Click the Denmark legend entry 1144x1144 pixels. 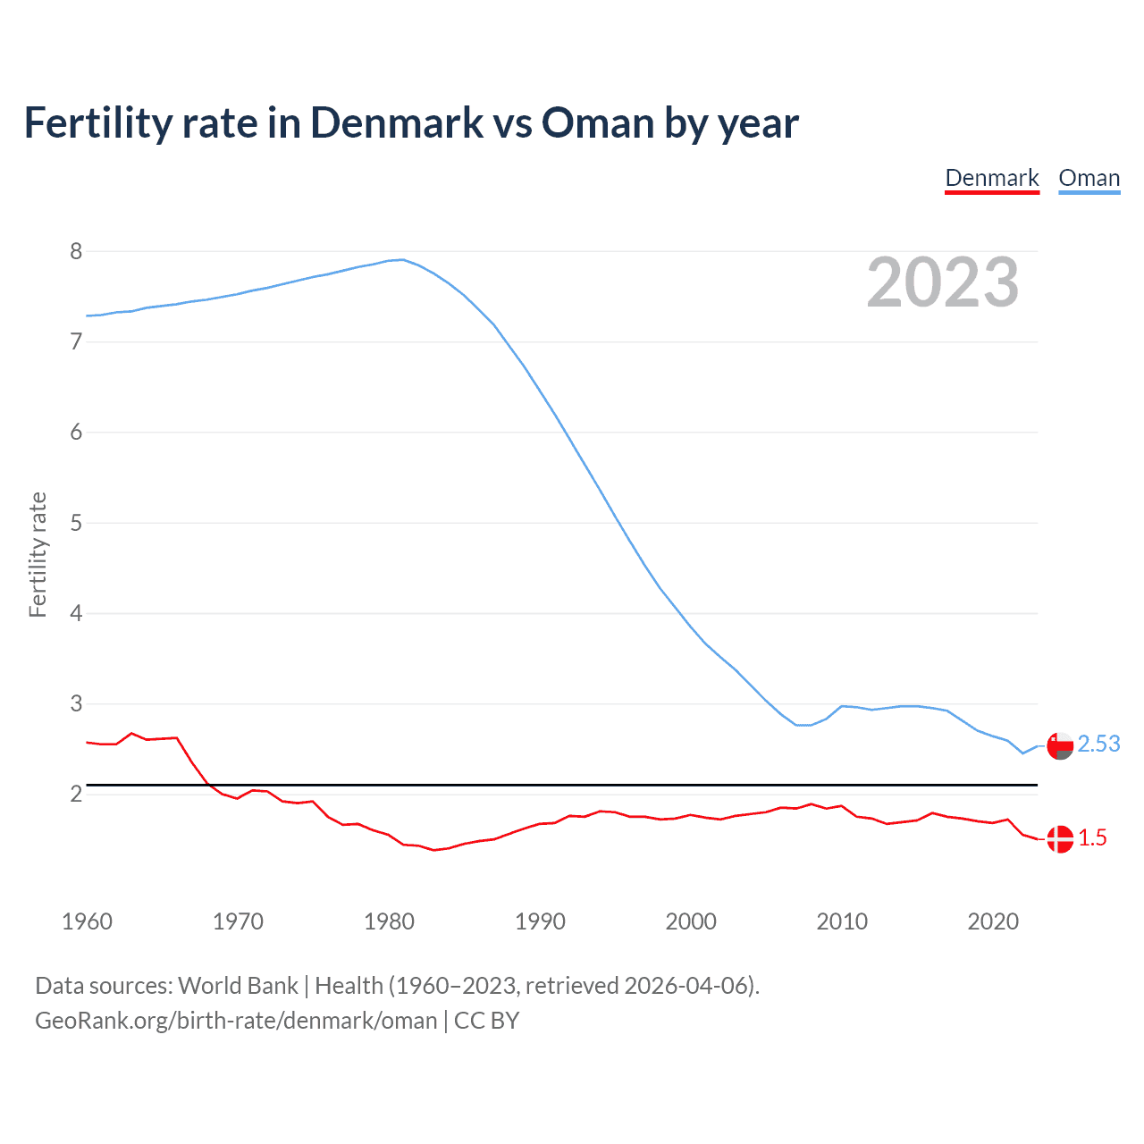pyautogui.click(x=992, y=178)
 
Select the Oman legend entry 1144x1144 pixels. pyautogui.click(x=1089, y=178)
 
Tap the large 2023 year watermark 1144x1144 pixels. pyautogui.click(x=943, y=282)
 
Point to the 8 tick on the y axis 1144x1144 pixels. pyautogui.click(x=76, y=251)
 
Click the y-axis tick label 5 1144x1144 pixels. pyautogui.click(x=76, y=523)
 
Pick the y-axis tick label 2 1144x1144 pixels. pyautogui.click(x=76, y=794)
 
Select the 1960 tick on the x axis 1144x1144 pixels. pyautogui.click(x=87, y=921)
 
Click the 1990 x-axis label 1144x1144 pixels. pyautogui.click(x=540, y=921)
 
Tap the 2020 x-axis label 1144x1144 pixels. pyautogui.click(x=993, y=921)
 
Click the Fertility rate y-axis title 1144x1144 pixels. pyautogui.click(x=38, y=554)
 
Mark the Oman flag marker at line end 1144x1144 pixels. pyautogui.click(x=1060, y=745)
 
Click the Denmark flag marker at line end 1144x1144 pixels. pyautogui.click(x=1060, y=839)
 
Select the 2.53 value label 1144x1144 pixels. pyautogui.click(x=1098, y=744)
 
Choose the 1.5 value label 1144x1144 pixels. pyautogui.click(x=1092, y=837)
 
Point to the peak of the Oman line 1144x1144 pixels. pyautogui.click(x=402, y=259)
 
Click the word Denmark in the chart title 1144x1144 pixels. pyautogui.click(x=397, y=123)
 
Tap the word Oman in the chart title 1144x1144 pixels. pyautogui.click(x=598, y=123)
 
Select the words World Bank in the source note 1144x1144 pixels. pyautogui.click(x=238, y=986)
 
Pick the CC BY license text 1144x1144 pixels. pyautogui.click(x=486, y=1021)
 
